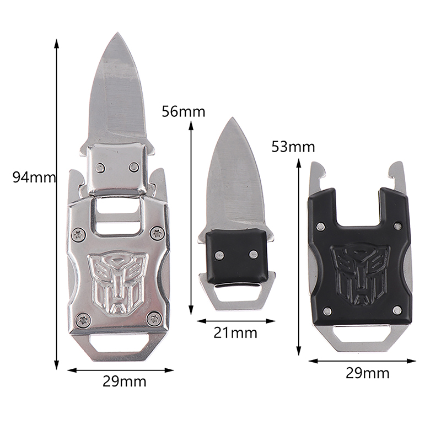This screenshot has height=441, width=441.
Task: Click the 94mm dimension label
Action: tap(34, 178)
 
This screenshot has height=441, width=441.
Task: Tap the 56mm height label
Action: tap(184, 112)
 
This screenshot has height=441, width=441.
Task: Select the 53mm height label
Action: tap(293, 147)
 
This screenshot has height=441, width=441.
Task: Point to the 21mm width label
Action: tap(235, 333)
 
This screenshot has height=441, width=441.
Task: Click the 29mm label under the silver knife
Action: tap(125, 381)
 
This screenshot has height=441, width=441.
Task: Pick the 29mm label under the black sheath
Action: tap(368, 374)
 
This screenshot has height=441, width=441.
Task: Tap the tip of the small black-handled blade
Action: tap(232, 118)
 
